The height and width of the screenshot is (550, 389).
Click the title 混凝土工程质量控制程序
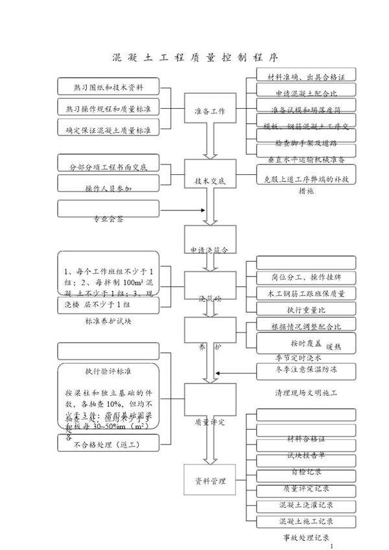194,56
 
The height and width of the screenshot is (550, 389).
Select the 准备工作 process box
209,111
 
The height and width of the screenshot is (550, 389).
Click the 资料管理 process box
209,481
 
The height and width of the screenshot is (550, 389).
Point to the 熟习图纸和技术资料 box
108,86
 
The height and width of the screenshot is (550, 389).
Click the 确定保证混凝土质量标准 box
108,130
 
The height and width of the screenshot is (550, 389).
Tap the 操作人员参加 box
108,187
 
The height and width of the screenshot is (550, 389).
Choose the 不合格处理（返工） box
108,444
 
